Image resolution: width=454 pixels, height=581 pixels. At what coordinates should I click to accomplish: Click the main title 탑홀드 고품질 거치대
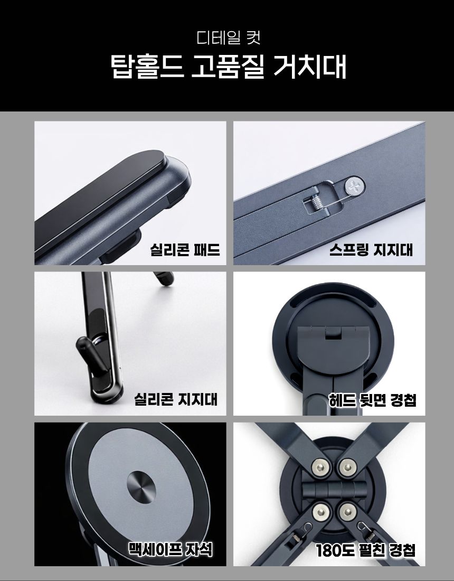[x=228, y=67]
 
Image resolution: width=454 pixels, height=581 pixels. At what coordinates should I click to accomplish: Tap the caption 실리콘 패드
[x=185, y=249]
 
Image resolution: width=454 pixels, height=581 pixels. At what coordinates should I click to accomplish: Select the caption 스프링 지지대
[x=371, y=249]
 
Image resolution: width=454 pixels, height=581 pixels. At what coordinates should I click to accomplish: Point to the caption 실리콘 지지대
[x=175, y=399]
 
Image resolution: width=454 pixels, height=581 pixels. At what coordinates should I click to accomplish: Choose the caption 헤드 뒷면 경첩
[x=373, y=400]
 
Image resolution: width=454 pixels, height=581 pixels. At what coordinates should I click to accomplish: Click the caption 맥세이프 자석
[x=171, y=549]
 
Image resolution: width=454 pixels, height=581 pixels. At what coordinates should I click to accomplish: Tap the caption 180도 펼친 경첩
[x=365, y=550]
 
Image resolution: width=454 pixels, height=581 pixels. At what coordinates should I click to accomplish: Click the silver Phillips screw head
[x=354, y=185]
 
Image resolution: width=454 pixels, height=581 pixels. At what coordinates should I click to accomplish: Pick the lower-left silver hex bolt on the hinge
[x=320, y=512]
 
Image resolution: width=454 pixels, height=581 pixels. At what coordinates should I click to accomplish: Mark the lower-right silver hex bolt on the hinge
[x=347, y=512]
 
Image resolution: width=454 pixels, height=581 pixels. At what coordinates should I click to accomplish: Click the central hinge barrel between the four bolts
[x=334, y=490]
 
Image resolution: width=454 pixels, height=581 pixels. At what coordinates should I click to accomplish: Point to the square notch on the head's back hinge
[x=333, y=333]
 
